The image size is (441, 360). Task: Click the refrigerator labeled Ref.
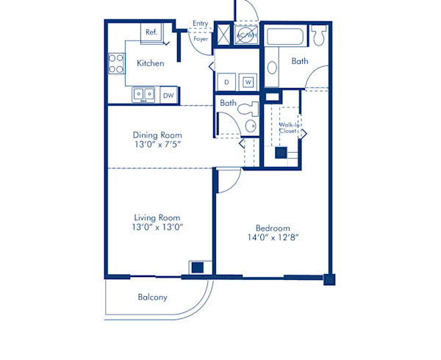coord(152,32)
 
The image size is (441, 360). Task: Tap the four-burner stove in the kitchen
coord(116,63)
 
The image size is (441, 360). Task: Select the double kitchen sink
coord(143,94)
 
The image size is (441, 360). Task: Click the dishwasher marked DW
coord(168,95)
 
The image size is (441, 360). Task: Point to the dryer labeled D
coord(227,82)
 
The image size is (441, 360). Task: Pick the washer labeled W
coord(248,82)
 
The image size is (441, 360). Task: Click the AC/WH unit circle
coord(245,35)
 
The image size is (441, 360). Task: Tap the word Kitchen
coord(150,63)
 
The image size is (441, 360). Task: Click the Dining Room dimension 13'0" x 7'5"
coord(157,145)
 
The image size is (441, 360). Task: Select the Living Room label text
coord(157,217)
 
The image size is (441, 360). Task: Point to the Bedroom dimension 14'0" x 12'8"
coord(272,237)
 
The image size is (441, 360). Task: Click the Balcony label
coord(152,298)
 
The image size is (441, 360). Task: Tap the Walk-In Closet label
coord(288,129)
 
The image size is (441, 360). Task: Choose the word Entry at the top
coord(200,24)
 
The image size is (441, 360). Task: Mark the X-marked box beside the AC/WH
coord(223,35)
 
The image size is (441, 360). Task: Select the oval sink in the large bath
coord(272,68)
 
